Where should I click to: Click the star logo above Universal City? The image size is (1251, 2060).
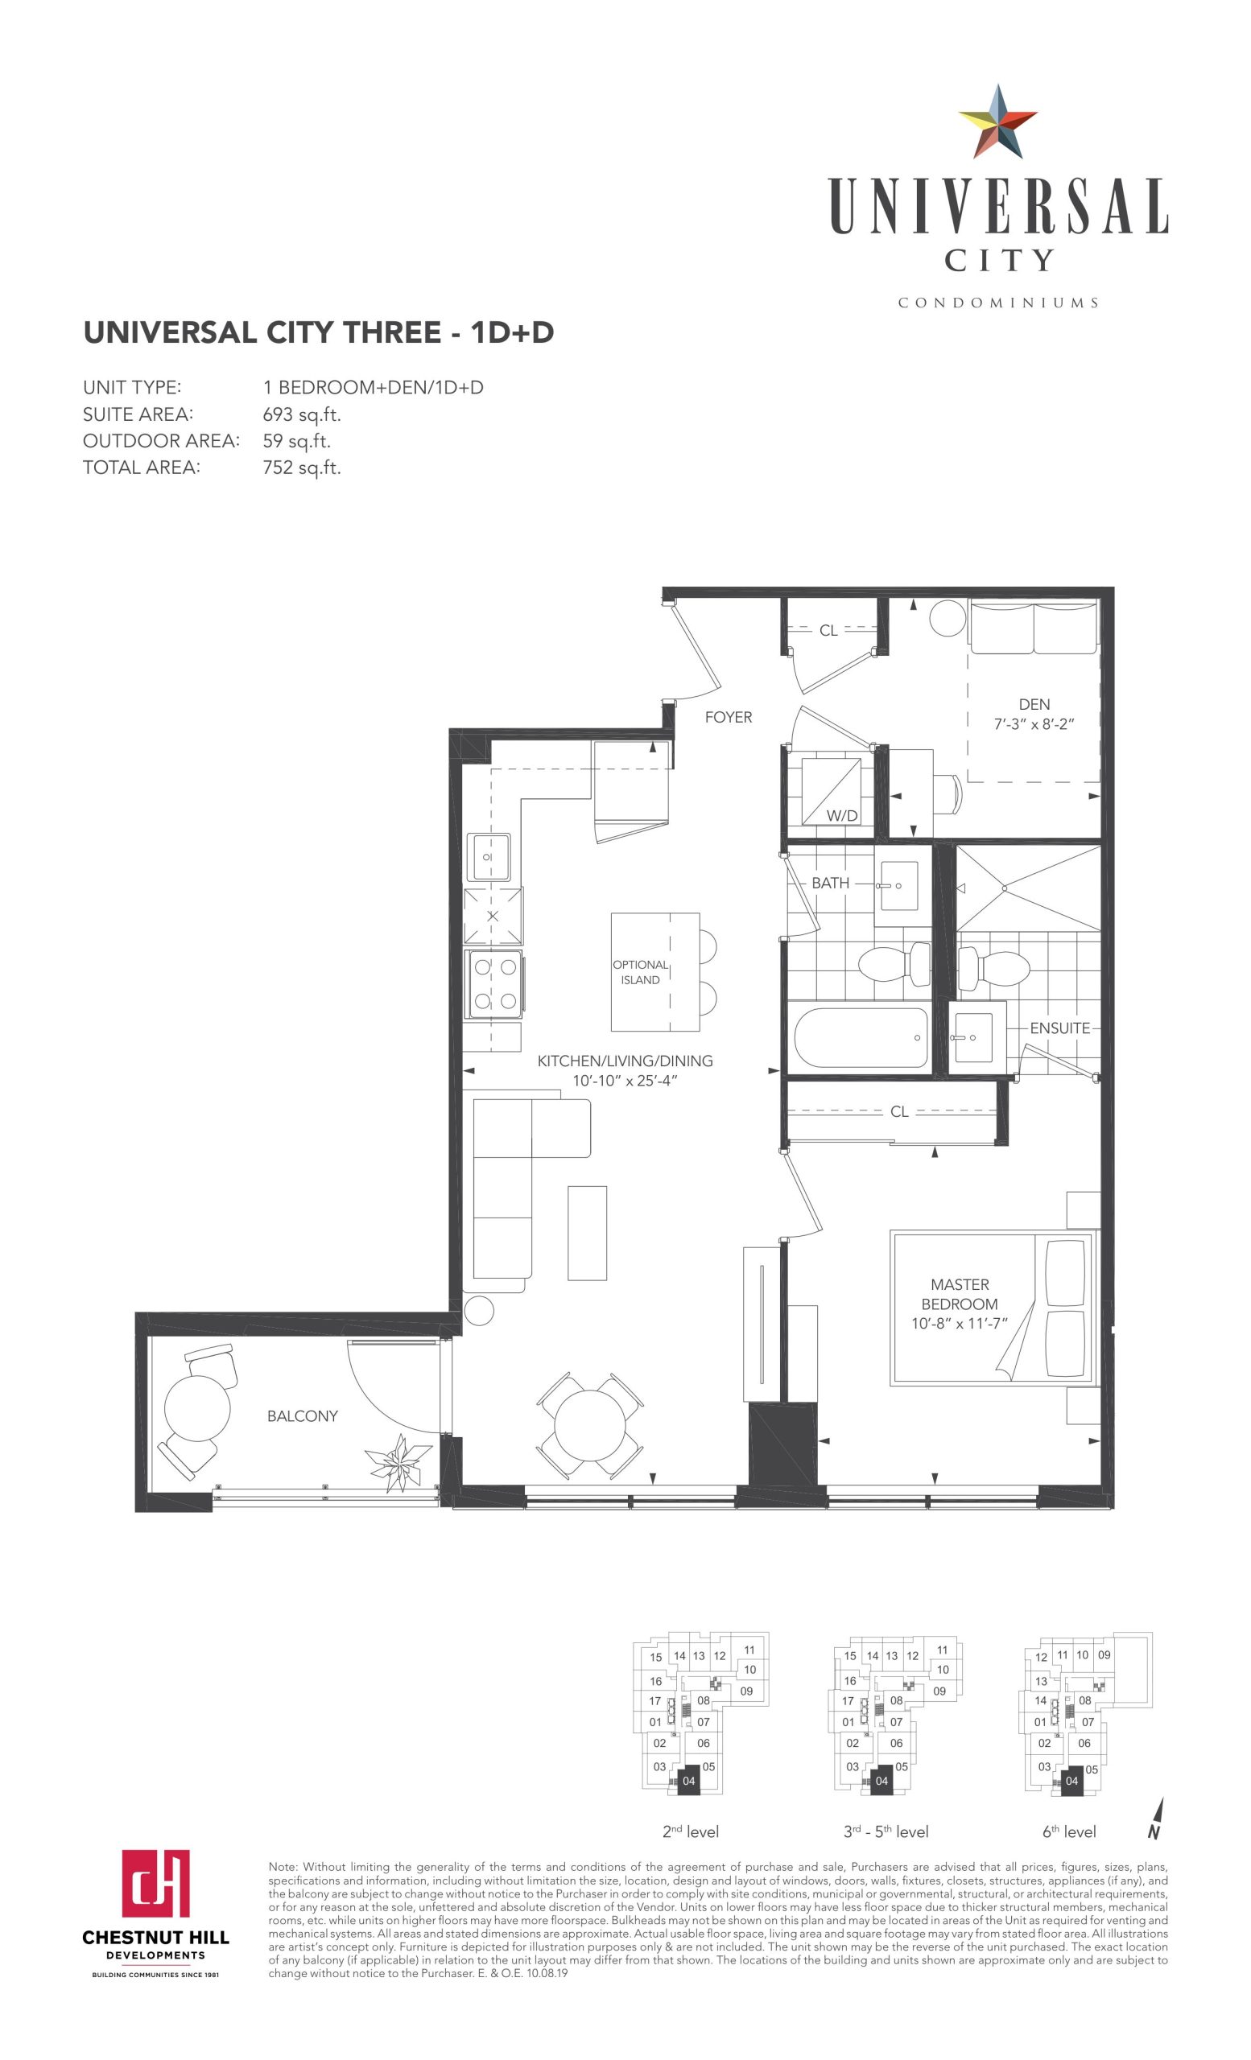[997, 122]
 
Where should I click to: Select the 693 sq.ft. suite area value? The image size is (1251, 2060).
[302, 414]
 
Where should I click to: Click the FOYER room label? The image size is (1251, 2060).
[729, 717]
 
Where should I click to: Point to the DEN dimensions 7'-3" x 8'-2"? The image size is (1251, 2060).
[1034, 724]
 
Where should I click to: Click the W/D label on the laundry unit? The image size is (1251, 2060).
[842, 816]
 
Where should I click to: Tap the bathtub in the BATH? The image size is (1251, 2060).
[861, 1037]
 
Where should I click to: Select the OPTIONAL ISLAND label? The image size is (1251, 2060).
[641, 972]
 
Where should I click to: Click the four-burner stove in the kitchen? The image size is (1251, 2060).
[495, 984]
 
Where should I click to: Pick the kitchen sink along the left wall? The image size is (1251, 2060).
[490, 857]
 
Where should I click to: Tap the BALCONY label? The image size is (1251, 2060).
[303, 1416]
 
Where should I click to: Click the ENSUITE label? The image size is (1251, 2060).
[1059, 1028]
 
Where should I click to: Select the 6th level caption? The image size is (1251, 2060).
[1069, 1831]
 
